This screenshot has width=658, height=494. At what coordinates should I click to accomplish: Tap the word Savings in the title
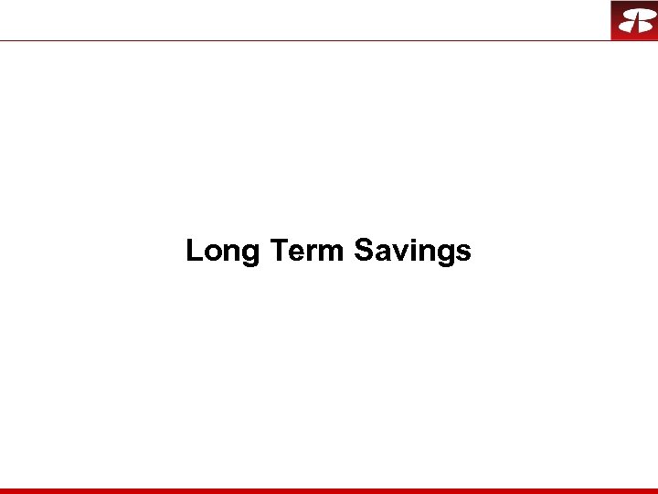tap(412, 251)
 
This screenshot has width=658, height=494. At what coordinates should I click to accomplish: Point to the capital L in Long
tap(195, 250)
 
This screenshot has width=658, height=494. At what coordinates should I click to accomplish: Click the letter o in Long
tap(213, 252)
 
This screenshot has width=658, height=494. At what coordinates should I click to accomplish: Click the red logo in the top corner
tap(634, 20)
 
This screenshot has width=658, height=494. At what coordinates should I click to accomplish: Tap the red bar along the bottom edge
tap(329, 490)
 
